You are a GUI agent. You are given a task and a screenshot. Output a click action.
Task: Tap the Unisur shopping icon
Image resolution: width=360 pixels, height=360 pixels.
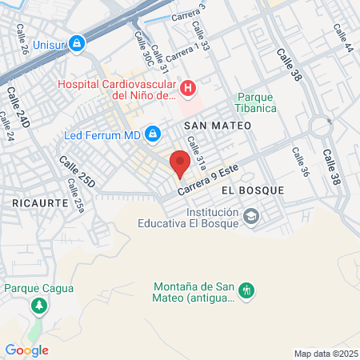point(77,42)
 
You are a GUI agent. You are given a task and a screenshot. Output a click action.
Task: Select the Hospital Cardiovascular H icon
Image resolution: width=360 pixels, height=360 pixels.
point(188,87)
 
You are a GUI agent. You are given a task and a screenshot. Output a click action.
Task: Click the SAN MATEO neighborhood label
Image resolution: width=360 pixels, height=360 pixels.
point(218,126)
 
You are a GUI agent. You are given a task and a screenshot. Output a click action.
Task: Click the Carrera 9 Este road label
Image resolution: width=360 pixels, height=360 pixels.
point(209,182)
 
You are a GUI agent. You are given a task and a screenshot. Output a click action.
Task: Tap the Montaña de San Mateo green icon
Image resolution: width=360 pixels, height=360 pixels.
point(246,290)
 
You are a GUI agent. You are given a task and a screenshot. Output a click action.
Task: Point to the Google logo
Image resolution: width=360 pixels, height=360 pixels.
point(26,350)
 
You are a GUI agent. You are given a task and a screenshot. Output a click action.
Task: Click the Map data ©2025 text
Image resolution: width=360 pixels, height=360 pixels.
point(324,354)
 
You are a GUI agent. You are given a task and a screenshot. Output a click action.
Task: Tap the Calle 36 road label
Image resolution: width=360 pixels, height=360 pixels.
point(300,162)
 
